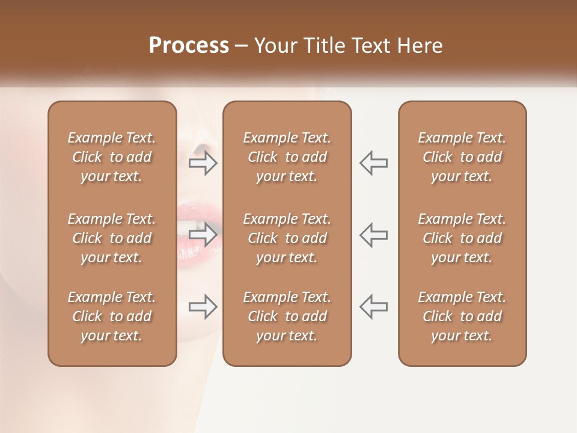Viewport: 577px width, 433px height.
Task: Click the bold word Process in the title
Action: click(189, 46)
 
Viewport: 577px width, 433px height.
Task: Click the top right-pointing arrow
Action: click(203, 163)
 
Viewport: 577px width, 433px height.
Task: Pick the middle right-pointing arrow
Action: click(203, 234)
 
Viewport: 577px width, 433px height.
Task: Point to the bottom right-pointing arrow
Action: click(203, 306)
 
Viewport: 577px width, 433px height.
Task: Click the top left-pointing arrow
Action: click(373, 163)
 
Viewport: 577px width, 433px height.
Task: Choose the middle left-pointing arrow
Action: click(373, 234)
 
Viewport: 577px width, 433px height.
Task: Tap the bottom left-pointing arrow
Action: click(373, 306)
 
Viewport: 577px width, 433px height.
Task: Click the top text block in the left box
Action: click(112, 157)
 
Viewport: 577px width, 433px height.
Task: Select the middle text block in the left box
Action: click(112, 238)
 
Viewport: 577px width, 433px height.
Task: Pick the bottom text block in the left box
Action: click(112, 316)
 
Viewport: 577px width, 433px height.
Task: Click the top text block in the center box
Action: click(287, 157)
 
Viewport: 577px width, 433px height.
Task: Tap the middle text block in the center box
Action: click(287, 238)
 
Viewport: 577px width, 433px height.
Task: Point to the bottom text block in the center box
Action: click(287, 316)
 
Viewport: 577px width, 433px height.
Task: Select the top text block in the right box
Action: click(462, 157)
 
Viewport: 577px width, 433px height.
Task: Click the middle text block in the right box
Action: click(462, 238)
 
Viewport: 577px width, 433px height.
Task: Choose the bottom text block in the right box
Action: click(462, 316)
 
